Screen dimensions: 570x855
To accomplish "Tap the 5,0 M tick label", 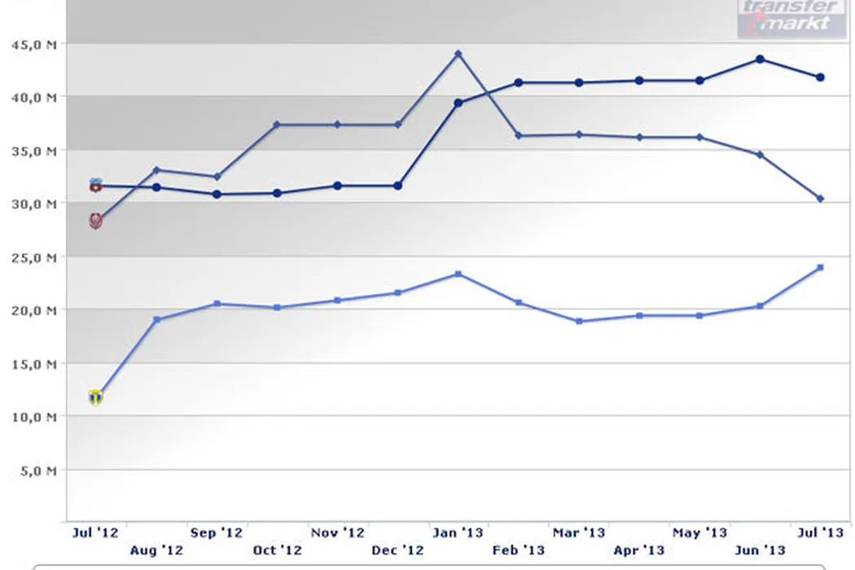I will point(37,470).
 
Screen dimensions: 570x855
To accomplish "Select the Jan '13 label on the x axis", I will point(458,533).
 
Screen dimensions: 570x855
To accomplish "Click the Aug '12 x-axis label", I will point(156,551).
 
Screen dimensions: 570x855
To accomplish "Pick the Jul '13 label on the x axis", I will point(820,533).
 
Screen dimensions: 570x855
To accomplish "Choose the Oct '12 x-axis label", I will point(277,551).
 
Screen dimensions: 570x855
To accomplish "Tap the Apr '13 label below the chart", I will point(639,551).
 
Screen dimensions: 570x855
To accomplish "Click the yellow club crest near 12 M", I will point(96,397).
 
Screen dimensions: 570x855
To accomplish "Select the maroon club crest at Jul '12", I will point(96,221).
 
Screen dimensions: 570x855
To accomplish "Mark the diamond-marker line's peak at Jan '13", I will point(458,54).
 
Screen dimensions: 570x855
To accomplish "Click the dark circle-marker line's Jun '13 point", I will point(760,59).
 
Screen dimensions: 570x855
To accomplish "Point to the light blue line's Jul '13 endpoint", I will point(820,267).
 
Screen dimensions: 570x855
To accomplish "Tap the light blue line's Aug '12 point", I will point(157,319).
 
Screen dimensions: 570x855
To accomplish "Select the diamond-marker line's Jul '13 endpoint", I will point(820,199).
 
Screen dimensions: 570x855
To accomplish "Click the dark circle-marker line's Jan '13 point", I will point(458,103).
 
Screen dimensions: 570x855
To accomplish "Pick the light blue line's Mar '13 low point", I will point(579,322).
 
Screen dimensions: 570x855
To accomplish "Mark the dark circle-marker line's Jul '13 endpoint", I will point(820,77).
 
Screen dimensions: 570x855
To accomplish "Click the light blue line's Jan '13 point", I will point(458,274).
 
